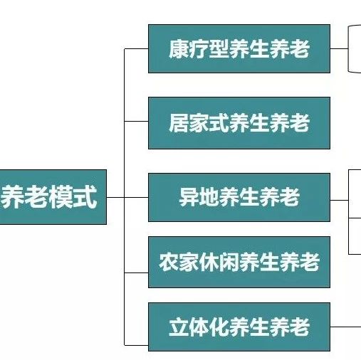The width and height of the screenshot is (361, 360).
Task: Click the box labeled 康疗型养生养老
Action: (x=239, y=48)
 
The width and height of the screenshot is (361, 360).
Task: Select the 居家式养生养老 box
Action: (x=239, y=123)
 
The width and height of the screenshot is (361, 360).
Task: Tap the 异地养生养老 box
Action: (x=239, y=197)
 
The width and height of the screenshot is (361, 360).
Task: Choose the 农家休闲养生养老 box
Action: (x=239, y=262)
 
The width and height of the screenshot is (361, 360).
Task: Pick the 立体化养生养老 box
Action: (x=239, y=327)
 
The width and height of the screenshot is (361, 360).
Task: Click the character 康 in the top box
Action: (x=179, y=49)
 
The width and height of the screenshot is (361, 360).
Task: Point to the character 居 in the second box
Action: (x=179, y=123)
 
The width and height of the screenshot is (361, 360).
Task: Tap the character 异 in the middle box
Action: (x=189, y=197)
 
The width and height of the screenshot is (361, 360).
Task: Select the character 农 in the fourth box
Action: (x=169, y=262)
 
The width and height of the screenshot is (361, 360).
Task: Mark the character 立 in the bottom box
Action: (x=179, y=327)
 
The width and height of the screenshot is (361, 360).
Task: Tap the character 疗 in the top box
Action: (x=199, y=49)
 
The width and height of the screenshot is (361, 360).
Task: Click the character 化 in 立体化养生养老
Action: (x=219, y=327)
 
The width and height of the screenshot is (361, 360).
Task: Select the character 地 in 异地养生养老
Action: (x=209, y=197)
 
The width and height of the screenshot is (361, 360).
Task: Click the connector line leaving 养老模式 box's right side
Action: (x=115, y=197)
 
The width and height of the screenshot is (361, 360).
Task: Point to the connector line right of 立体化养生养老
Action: (x=345, y=327)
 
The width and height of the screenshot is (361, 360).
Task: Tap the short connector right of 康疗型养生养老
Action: (x=339, y=48)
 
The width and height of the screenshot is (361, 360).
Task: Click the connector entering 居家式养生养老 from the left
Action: (x=136, y=121)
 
